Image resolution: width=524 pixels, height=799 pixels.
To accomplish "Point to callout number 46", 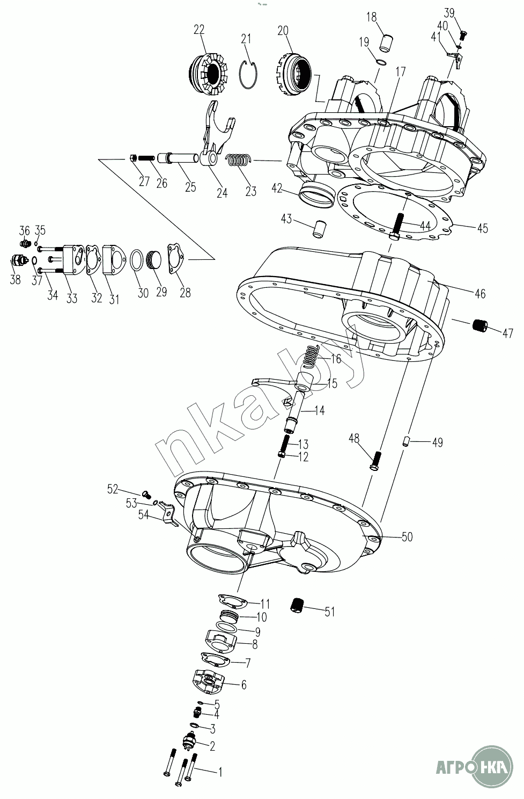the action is (480, 294).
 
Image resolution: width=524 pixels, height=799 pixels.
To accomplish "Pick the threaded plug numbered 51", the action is (298, 605).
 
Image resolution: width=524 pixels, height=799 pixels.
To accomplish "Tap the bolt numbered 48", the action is (377, 461).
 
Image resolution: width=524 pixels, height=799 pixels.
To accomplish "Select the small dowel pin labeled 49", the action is (406, 442).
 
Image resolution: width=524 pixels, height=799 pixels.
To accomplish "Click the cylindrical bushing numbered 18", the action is (386, 43).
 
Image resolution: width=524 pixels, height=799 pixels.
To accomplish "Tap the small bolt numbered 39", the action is (463, 35).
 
